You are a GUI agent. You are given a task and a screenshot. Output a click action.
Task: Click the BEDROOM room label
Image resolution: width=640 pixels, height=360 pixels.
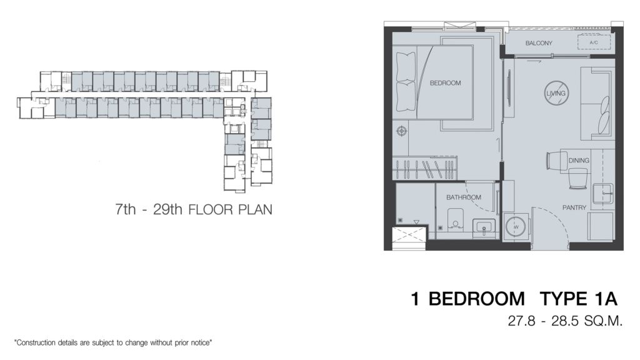point(445,83)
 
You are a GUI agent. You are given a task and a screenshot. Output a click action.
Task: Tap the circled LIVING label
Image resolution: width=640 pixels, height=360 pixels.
point(556,94)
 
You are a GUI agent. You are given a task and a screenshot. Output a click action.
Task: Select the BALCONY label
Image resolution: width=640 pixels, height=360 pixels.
point(538,43)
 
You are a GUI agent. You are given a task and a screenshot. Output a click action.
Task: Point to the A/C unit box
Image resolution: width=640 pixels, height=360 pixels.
point(594,42)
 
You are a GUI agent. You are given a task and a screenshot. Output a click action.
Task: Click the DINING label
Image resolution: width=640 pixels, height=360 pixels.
point(579,161)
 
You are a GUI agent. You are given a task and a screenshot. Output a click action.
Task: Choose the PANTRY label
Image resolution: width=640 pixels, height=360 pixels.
point(574,207)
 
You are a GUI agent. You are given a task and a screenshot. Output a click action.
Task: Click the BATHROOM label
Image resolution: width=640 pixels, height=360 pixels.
point(463,197)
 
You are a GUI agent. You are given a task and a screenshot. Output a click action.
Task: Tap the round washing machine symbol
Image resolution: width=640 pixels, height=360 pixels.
point(516,226)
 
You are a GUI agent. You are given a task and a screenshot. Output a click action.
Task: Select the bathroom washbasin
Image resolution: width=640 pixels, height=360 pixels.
point(484,227)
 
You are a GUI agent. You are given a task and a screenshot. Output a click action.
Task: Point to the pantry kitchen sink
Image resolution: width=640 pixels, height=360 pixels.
point(603,193)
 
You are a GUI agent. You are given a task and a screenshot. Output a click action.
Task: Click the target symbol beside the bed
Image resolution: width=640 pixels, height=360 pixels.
point(402,131)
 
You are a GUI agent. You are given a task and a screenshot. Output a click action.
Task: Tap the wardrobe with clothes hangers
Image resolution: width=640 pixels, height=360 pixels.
point(424,167)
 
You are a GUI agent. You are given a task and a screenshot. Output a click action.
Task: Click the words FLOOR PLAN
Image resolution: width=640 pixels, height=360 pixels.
point(230,210)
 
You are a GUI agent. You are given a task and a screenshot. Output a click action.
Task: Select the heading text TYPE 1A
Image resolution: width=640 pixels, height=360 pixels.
point(578,299)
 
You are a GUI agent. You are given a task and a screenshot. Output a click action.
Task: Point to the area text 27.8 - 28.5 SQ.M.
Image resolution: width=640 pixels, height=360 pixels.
point(565,321)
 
